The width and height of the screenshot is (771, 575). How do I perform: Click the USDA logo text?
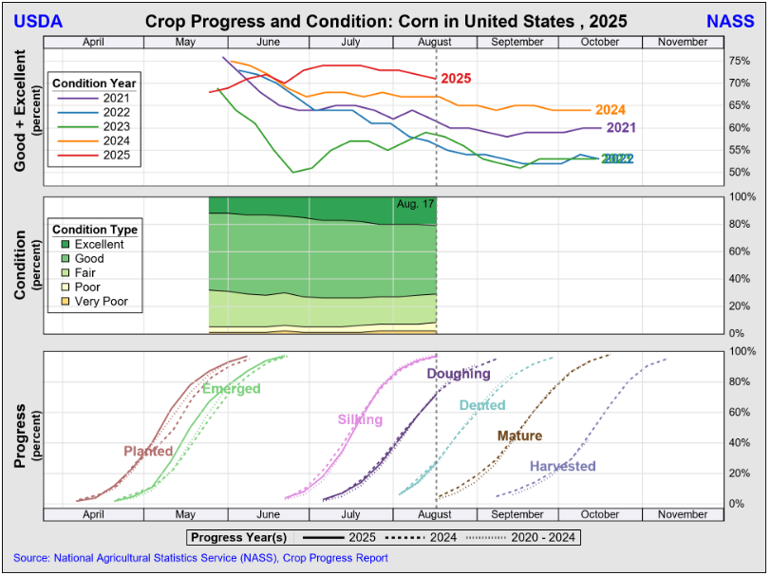coord(39,21)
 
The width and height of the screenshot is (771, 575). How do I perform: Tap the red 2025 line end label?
coord(456,79)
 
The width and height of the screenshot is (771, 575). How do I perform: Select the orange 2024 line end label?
coord(611,110)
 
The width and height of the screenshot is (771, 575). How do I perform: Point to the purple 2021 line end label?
coord(620,127)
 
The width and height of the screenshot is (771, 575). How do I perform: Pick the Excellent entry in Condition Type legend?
coord(99,245)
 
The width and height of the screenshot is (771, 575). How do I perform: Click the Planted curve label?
coord(148,452)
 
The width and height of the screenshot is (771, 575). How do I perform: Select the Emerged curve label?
coord(231,389)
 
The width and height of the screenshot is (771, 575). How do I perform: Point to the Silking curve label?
coord(360,419)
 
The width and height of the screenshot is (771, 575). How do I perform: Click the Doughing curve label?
coord(458,374)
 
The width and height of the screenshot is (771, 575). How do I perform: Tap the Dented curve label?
coord(482,405)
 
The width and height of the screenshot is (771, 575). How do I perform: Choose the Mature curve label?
coord(519,436)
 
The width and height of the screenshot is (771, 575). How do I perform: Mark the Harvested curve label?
coord(562,466)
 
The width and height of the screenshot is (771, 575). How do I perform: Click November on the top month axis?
coord(682,42)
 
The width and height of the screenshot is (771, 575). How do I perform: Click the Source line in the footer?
coord(200,558)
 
